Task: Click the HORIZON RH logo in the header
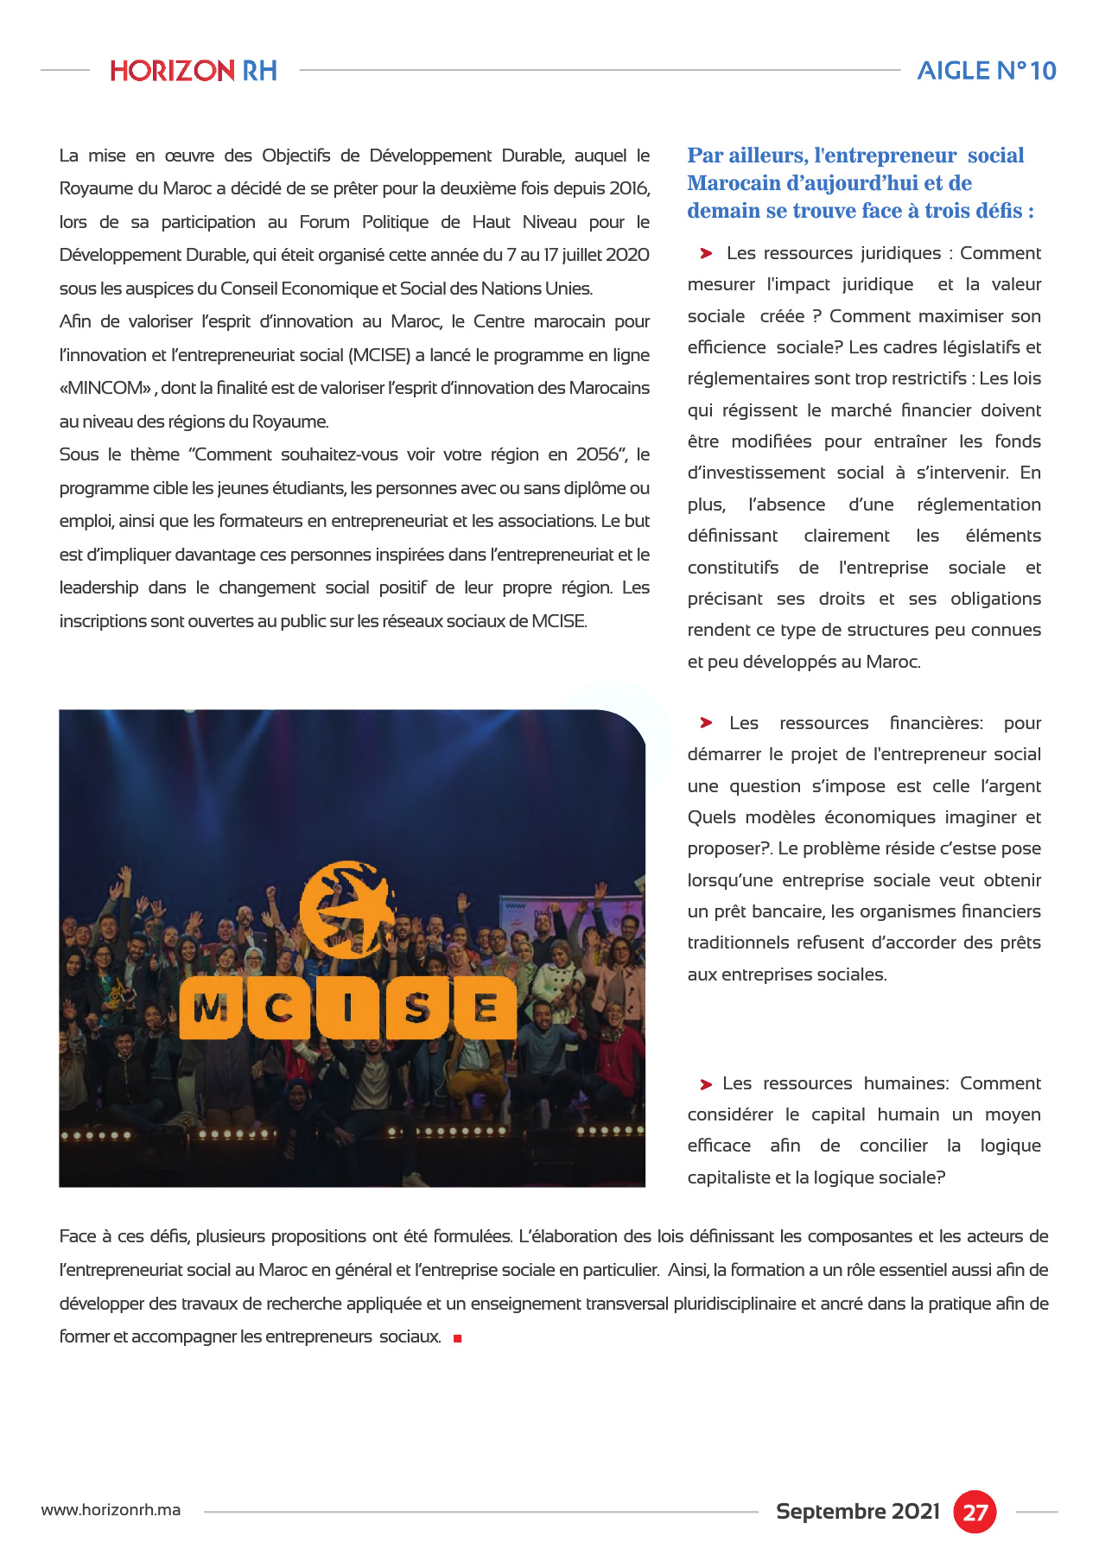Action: pos(194,70)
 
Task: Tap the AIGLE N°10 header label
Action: pos(987,70)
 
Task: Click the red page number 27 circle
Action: pos(975,1512)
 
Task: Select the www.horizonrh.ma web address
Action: pos(111,1510)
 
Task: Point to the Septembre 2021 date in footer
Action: pos(857,1511)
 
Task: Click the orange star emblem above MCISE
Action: pos(348,903)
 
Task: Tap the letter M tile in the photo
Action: pos(210,1008)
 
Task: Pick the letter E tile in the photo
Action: pos(486,1008)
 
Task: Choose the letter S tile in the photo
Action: pos(417,1008)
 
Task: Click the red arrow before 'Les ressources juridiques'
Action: pos(706,253)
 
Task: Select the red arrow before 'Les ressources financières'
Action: pos(706,723)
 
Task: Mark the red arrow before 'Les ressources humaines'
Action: pos(706,1084)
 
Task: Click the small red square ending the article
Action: pos(458,1338)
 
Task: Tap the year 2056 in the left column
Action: pos(597,454)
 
